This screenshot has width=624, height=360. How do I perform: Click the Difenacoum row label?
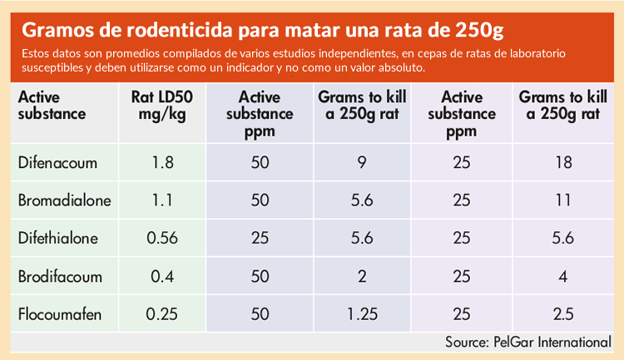[54, 162]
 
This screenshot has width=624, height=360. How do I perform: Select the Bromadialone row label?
[64, 200]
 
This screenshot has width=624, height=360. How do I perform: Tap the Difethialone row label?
[58, 239]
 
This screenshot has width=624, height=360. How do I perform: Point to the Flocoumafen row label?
[57, 315]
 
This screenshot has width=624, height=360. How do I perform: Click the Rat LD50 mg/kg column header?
[162, 106]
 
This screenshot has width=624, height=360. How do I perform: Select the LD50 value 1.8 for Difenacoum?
[162, 162]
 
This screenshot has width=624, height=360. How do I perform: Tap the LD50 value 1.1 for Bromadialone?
[162, 200]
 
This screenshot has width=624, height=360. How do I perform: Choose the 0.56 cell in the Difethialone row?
[162, 239]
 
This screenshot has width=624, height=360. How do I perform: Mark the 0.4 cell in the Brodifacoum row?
[162, 277]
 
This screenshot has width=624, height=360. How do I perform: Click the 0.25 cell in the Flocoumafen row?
[162, 315]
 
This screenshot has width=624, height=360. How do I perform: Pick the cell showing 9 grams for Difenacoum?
[363, 162]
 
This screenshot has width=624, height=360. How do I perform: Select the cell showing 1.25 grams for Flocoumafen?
[363, 315]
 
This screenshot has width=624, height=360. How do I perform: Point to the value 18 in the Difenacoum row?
[564, 162]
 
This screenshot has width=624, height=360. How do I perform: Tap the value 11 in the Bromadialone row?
[564, 200]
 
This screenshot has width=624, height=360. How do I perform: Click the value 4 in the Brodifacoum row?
[564, 277]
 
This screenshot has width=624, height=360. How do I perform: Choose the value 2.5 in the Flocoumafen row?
[564, 315]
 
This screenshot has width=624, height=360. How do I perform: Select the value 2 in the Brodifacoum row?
[363, 277]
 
